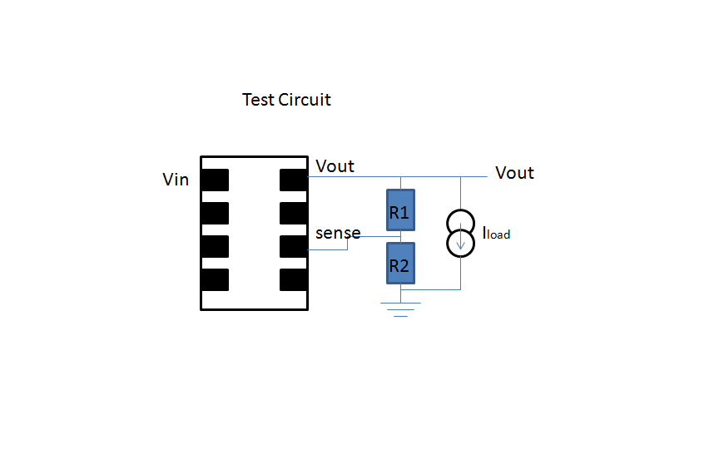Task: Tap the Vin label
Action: click(176, 180)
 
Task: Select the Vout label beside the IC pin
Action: click(335, 166)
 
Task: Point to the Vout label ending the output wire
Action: click(514, 173)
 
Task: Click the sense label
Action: click(338, 233)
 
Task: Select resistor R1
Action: click(400, 211)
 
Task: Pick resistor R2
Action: click(400, 265)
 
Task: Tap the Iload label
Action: click(496, 234)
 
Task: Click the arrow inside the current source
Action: click(460, 242)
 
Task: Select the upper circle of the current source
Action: click(460, 223)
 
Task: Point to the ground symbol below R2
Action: click(400, 309)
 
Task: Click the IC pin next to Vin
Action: click(215, 180)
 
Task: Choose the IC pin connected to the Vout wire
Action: click(295, 180)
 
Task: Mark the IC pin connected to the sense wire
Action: click(295, 247)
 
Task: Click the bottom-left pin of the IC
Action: click(215, 279)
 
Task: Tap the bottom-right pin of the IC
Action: click(295, 279)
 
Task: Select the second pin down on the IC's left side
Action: click(215, 214)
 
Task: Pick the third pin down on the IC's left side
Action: click(215, 247)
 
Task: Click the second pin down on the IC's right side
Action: click(295, 214)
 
